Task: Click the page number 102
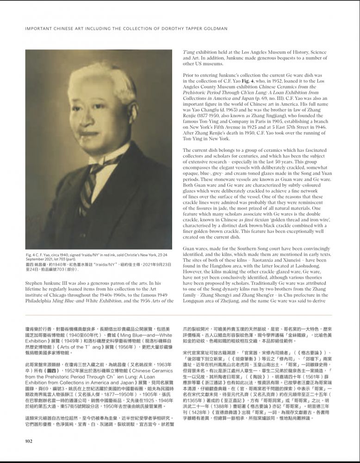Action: point(29,440)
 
